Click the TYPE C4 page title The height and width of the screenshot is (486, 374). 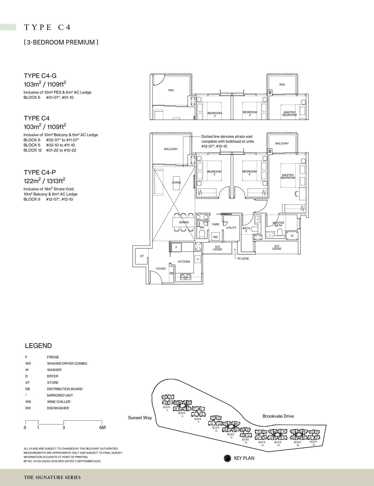47,27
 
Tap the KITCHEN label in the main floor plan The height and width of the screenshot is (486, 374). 184,262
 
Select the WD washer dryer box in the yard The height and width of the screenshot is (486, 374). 215,237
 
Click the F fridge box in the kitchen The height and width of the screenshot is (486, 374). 176,247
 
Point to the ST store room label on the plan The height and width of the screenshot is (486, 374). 142,256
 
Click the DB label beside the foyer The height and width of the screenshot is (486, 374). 171,273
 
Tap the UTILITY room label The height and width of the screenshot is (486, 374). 231,228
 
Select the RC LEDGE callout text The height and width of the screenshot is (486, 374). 243,259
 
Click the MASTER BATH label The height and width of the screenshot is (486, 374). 278,224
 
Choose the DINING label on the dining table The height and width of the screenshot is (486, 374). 184,222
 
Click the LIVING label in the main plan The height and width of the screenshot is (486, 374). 176,183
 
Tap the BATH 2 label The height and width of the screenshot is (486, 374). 246,230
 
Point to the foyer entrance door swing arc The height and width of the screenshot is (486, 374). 155,276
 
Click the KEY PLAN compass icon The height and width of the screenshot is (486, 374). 227,458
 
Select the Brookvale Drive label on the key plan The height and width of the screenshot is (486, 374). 278,416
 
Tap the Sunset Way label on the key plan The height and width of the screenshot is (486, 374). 140,418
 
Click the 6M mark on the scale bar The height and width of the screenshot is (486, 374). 102,427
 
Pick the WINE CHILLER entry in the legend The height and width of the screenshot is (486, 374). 58,402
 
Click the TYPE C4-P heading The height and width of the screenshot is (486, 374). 40,172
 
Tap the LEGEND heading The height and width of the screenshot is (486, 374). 38,346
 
